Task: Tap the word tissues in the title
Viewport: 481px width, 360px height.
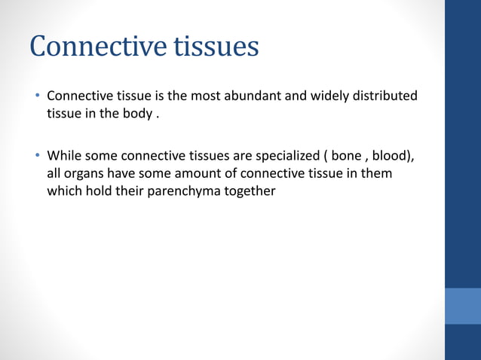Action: click(x=217, y=47)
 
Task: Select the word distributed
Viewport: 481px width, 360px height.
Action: click(x=385, y=96)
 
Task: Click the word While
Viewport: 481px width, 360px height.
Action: click(x=64, y=156)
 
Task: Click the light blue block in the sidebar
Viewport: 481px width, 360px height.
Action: click(x=462, y=306)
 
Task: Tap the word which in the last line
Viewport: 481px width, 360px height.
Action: click(x=64, y=191)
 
